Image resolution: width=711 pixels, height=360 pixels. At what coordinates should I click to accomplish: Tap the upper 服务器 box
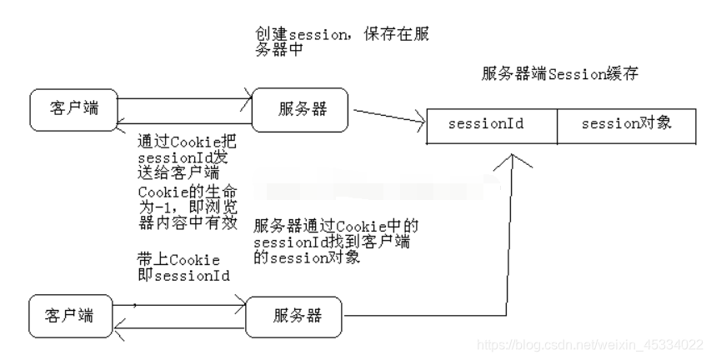tap(301, 110)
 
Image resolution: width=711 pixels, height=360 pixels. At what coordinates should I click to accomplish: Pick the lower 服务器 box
tap(294, 316)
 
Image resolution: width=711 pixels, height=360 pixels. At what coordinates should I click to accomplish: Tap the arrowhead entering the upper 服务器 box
tap(247, 99)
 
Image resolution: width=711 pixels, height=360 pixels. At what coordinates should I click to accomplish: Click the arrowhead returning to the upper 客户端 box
tap(122, 122)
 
